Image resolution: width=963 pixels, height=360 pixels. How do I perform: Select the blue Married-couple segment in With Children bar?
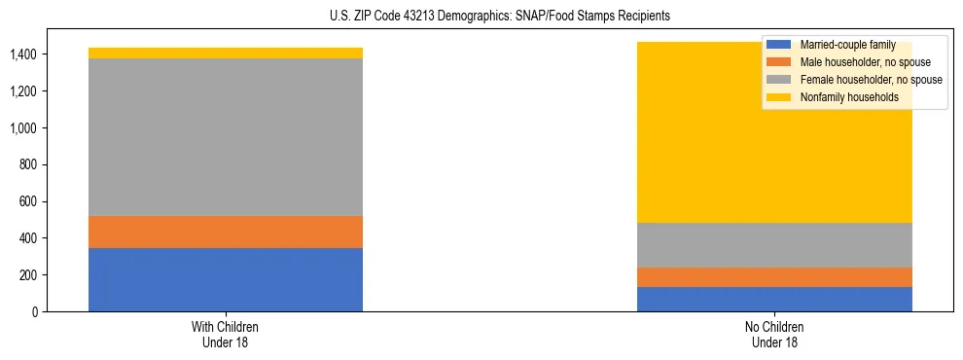click(x=226, y=279)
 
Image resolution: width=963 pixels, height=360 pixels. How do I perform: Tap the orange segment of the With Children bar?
click(x=226, y=232)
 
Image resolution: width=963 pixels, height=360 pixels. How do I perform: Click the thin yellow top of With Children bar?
click(x=226, y=53)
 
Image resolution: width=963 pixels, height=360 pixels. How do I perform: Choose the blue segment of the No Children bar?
click(x=774, y=299)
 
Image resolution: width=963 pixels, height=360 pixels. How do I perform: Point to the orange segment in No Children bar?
click(x=774, y=277)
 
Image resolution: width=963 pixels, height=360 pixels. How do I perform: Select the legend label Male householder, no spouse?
click(x=865, y=62)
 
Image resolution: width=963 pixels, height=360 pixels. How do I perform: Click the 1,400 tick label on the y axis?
click(x=23, y=54)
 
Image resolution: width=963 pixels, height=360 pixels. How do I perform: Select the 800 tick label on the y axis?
click(x=29, y=164)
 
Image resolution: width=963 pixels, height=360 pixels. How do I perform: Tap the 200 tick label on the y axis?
click(x=29, y=275)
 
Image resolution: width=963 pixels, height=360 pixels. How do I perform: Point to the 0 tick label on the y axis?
click(x=35, y=311)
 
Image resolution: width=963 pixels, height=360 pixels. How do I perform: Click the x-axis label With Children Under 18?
click(x=226, y=334)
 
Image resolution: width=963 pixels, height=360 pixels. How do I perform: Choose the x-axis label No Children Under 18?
click(x=774, y=334)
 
